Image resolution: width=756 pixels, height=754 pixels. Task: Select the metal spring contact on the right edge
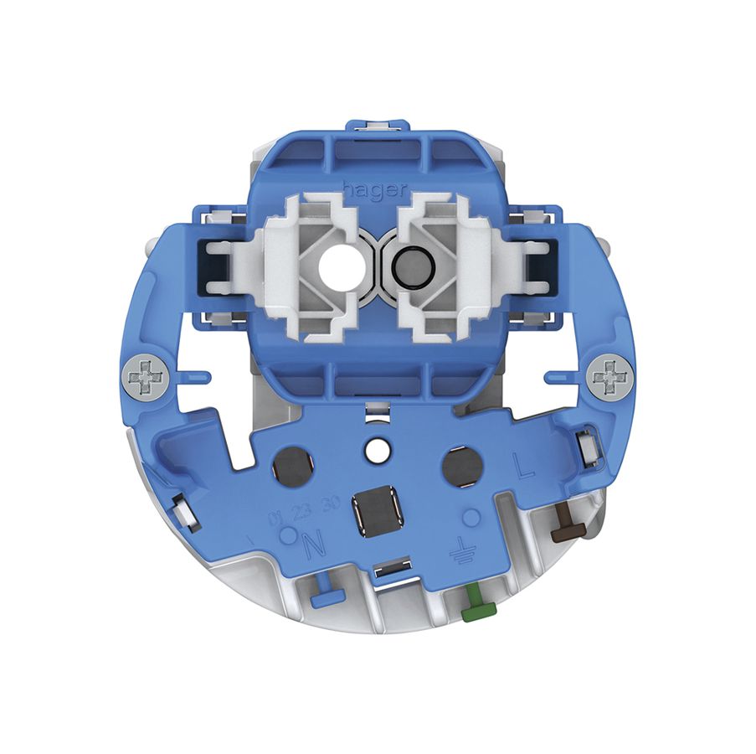589,444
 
